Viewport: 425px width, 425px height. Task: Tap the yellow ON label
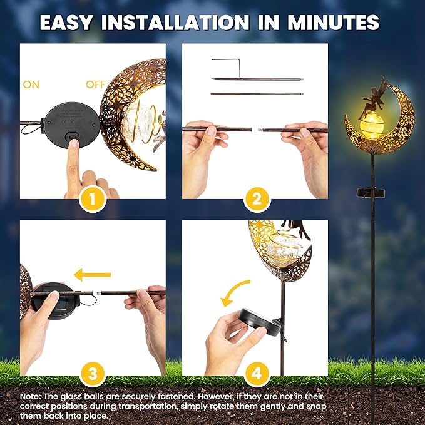click(x=31, y=84)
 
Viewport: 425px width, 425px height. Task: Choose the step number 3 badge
click(x=93, y=375)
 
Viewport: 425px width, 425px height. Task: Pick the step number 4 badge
click(x=255, y=375)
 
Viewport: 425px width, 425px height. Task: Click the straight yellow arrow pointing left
click(x=91, y=274)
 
